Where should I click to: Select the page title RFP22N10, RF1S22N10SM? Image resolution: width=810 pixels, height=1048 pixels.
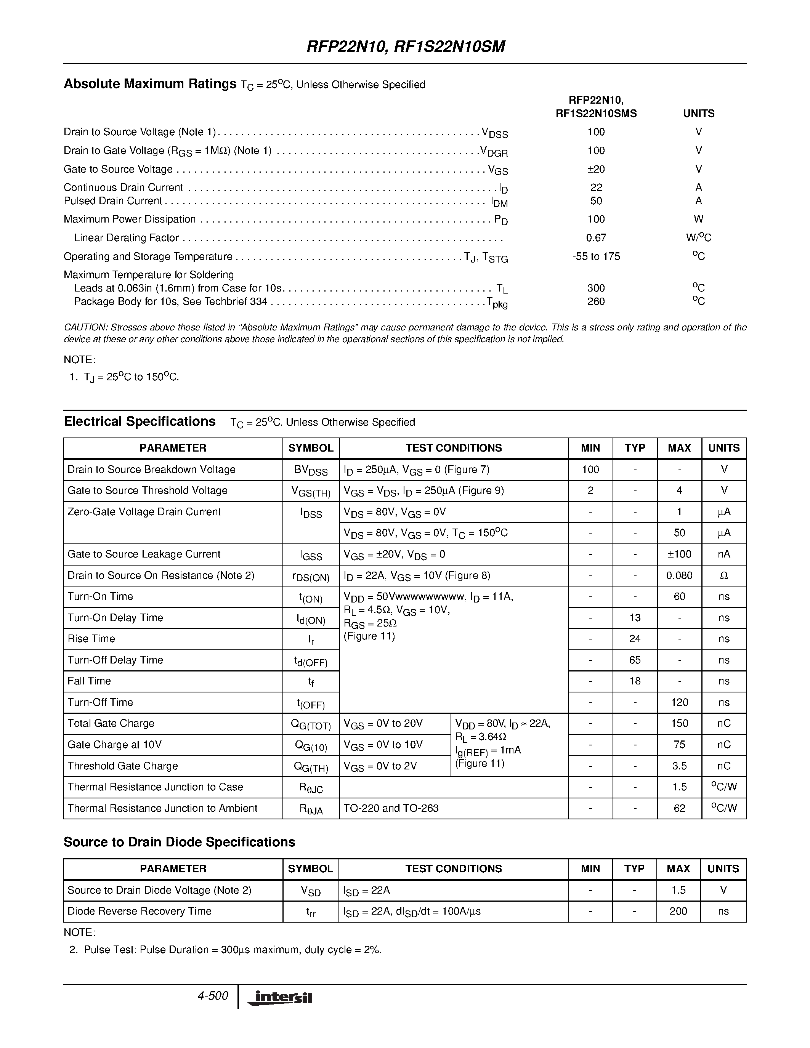click(406, 46)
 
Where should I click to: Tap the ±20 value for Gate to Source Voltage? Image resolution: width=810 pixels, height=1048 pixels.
click(596, 169)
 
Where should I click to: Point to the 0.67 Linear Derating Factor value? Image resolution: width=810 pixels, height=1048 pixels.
click(596, 237)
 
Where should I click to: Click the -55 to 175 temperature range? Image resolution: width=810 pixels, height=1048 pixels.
click(596, 256)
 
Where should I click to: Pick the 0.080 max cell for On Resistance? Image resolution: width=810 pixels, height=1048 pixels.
click(679, 575)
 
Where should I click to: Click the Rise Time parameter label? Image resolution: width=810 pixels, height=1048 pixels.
click(91, 639)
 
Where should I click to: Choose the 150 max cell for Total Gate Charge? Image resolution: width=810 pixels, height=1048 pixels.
click(679, 723)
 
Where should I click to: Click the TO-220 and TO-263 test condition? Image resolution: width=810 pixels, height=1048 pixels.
click(391, 808)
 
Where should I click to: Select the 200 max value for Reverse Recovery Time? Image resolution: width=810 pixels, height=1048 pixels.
click(678, 911)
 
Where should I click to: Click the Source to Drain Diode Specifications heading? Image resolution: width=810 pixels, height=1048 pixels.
click(179, 842)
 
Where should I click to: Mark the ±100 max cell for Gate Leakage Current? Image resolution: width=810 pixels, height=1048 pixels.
click(679, 554)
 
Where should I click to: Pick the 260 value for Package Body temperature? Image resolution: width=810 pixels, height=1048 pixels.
click(596, 301)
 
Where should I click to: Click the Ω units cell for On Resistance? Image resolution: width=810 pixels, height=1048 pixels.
click(723, 575)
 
